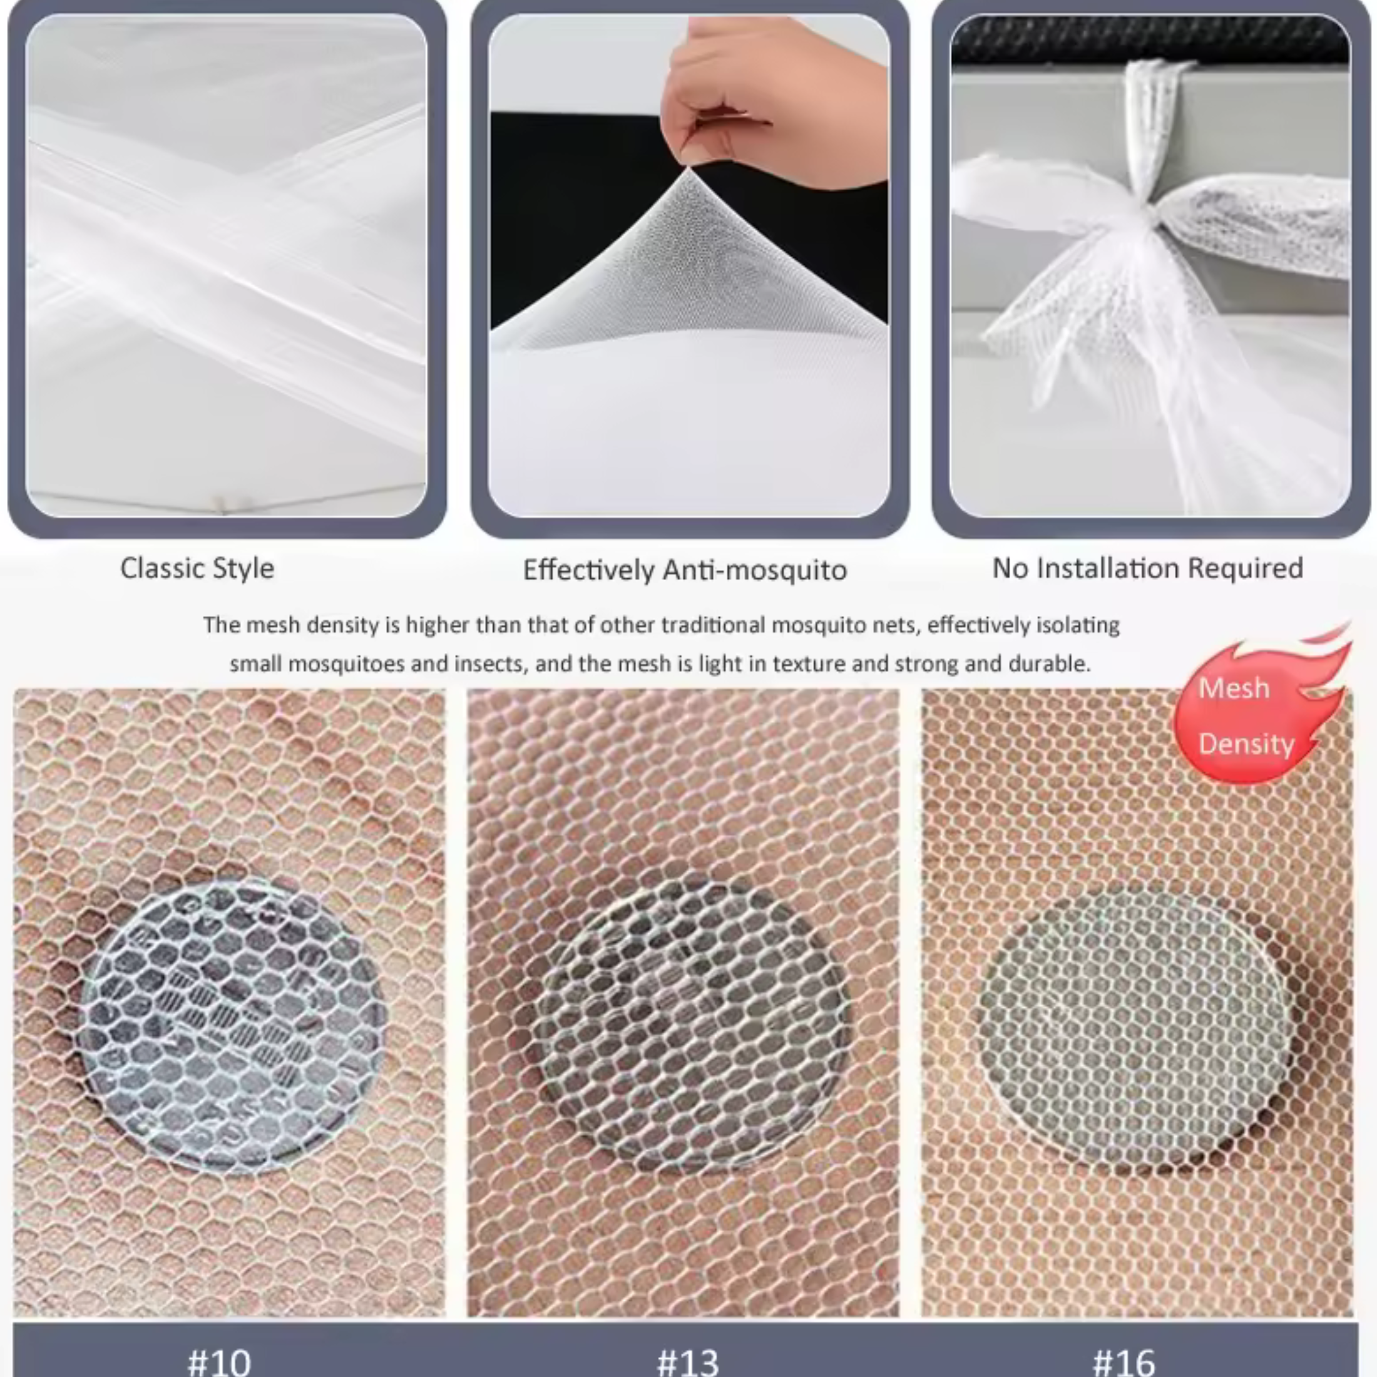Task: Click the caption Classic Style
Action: (x=197, y=569)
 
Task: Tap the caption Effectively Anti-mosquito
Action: (x=685, y=570)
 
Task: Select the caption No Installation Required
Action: (x=1147, y=568)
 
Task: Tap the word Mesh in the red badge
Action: (x=1234, y=688)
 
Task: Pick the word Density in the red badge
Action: (x=1246, y=744)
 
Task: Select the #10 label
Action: (x=219, y=1360)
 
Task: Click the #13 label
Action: (x=688, y=1360)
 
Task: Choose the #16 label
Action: (x=1124, y=1360)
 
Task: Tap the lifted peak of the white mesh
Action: (x=688, y=171)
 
